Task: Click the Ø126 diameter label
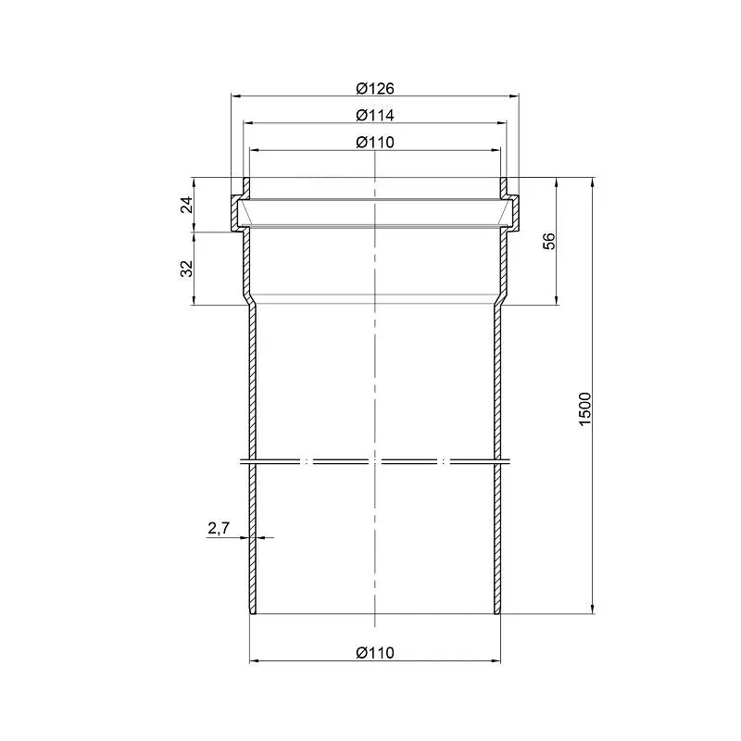pos(375,88)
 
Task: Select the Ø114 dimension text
pos(375,115)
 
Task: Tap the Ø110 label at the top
pos(375,143)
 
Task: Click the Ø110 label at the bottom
pos(375,653)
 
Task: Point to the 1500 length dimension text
pos(585,408)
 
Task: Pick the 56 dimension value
pos(549,241)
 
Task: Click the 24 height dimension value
pos(188,204)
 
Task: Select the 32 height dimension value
pos(188,269)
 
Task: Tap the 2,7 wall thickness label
pos(219,528)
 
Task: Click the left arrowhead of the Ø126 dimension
pos(235,96)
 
